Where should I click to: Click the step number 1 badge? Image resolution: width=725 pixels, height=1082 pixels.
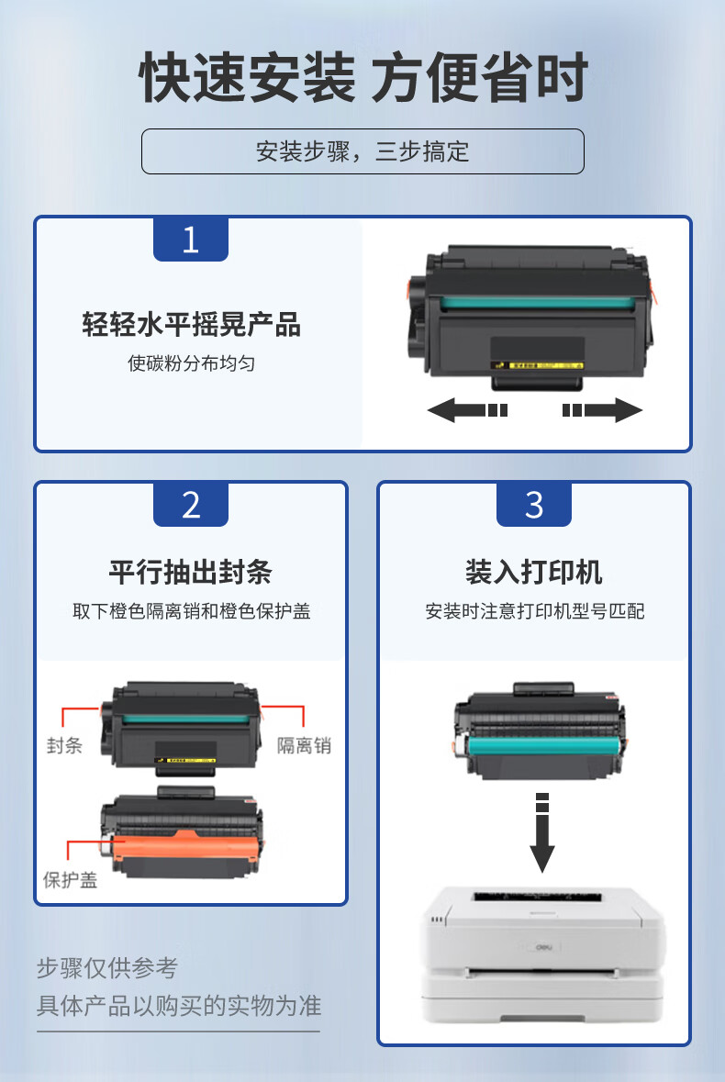click(x=190, y=239)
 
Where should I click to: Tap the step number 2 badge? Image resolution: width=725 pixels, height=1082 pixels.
click(x=190, y=505)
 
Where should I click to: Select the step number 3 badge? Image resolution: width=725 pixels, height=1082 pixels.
click(x=534, y=505)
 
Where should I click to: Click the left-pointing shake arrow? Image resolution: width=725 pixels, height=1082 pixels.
click(x=468, y=410)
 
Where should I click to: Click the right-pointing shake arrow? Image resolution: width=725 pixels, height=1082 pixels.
click(x=602, y=410)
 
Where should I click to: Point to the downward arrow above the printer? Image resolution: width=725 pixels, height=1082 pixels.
click(x=542, y=833)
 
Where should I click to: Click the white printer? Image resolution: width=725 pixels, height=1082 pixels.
click(x=543, y=954)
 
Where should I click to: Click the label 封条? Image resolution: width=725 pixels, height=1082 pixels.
click(x=64, y=745)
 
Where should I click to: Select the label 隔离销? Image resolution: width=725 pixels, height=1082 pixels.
click(x=304, y=745)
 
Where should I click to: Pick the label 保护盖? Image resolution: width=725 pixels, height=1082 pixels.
click(x=70, y=880)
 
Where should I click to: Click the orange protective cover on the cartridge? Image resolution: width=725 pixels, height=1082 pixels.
click(x=184, y=846)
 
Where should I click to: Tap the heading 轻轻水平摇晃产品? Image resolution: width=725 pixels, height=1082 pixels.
click(x=191, y=324)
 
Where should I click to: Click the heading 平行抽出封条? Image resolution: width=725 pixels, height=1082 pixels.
click(x=190, y=572)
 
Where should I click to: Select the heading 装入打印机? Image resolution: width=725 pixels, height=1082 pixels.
click(x=534, y=572)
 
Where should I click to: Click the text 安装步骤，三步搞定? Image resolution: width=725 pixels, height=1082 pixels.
click(x=362, y=151)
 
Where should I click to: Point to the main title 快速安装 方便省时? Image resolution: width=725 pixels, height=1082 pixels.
click(x=363, y=77)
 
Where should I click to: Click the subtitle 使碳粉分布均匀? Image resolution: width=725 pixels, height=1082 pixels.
click(x=191, y=363)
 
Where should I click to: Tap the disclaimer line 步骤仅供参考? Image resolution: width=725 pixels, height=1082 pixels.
click(x=107, y=967)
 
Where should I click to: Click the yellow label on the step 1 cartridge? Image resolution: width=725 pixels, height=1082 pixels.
click(x=538, y=365)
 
